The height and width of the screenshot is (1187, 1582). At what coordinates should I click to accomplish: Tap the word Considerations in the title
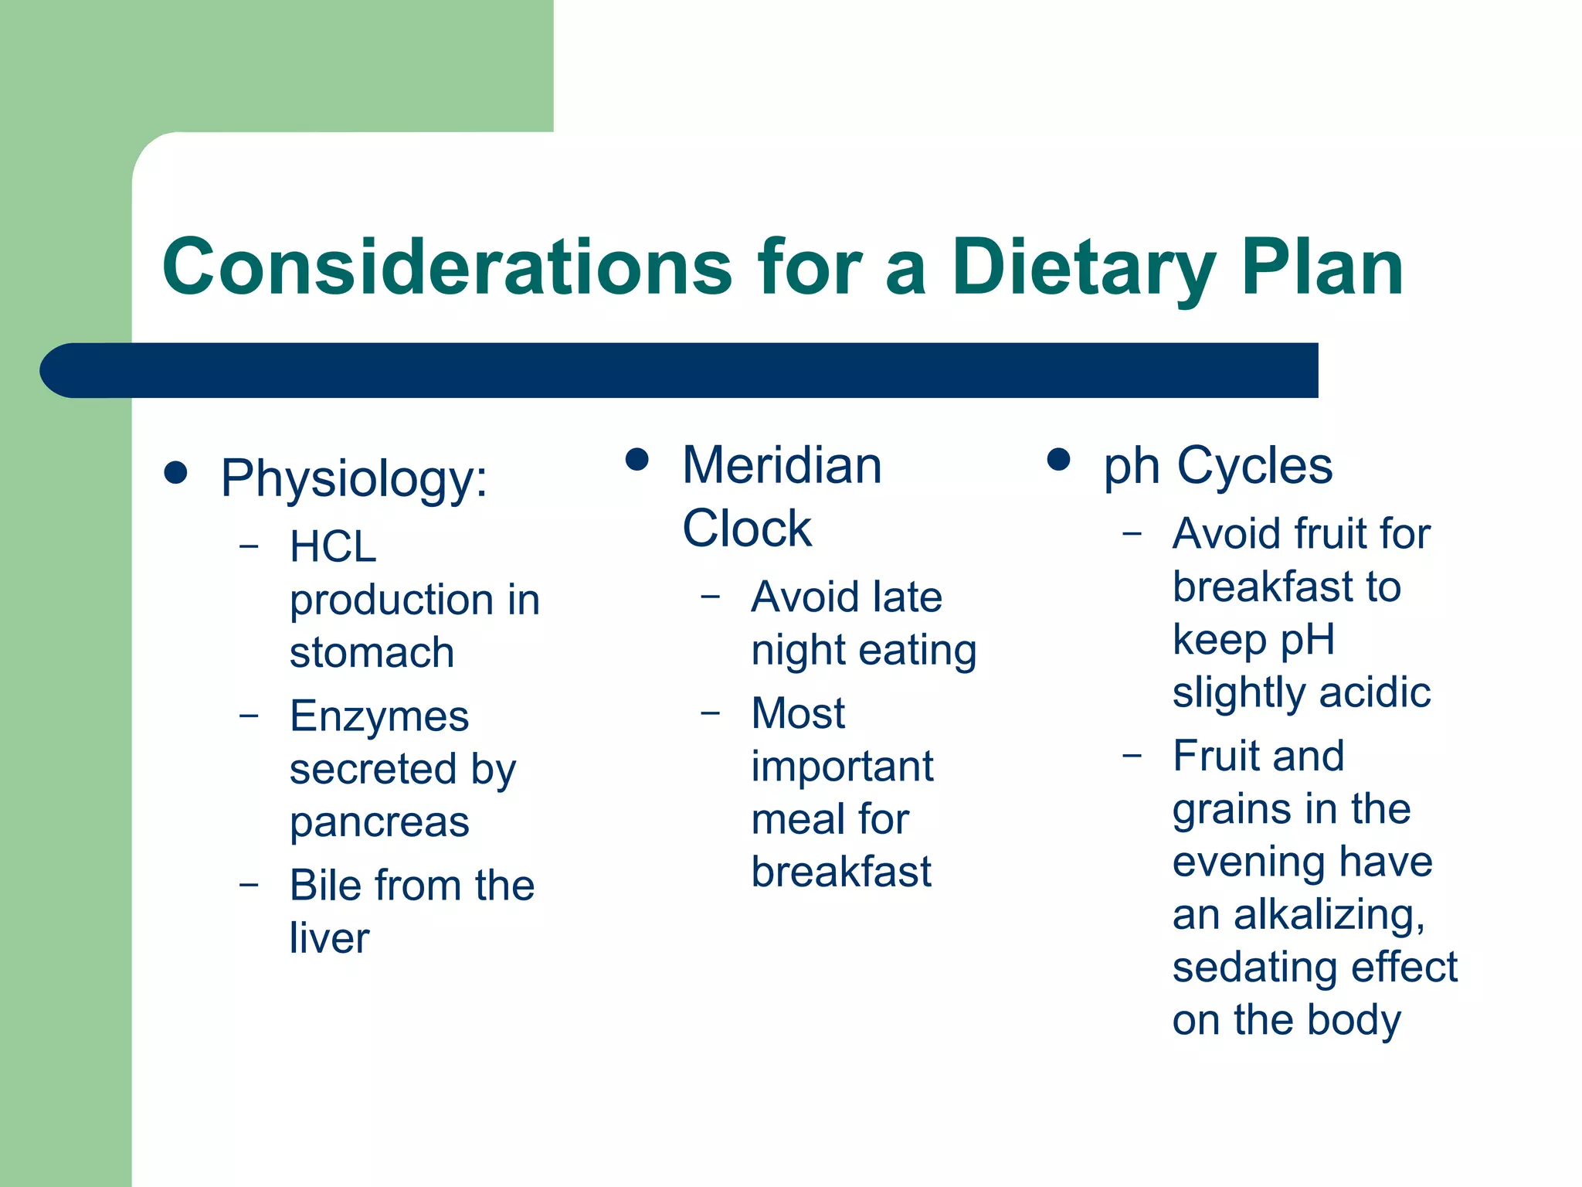coord(446,267)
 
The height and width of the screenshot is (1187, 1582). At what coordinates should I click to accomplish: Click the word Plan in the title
coord(1322,267)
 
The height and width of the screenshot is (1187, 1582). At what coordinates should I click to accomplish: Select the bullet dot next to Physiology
coord(176,473)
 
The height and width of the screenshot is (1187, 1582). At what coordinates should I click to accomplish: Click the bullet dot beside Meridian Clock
coord(637,460)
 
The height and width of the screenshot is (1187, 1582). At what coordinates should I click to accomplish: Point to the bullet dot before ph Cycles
coord(1058,460)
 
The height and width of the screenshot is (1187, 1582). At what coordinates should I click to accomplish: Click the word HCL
coord(333,546)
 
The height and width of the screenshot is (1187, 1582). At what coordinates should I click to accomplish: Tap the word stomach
coord(372,652)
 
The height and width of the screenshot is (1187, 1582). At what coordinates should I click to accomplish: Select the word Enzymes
coord(379,716)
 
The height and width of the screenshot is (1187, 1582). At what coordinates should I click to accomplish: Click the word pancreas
coord(379,822)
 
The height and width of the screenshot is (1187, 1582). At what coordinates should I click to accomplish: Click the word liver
coord(329,938)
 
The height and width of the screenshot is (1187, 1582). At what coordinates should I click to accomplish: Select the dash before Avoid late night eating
coord(710,597)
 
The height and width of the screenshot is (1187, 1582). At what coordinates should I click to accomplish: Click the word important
coord(842,766)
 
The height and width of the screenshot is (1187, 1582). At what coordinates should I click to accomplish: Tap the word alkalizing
coord(1329,914)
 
